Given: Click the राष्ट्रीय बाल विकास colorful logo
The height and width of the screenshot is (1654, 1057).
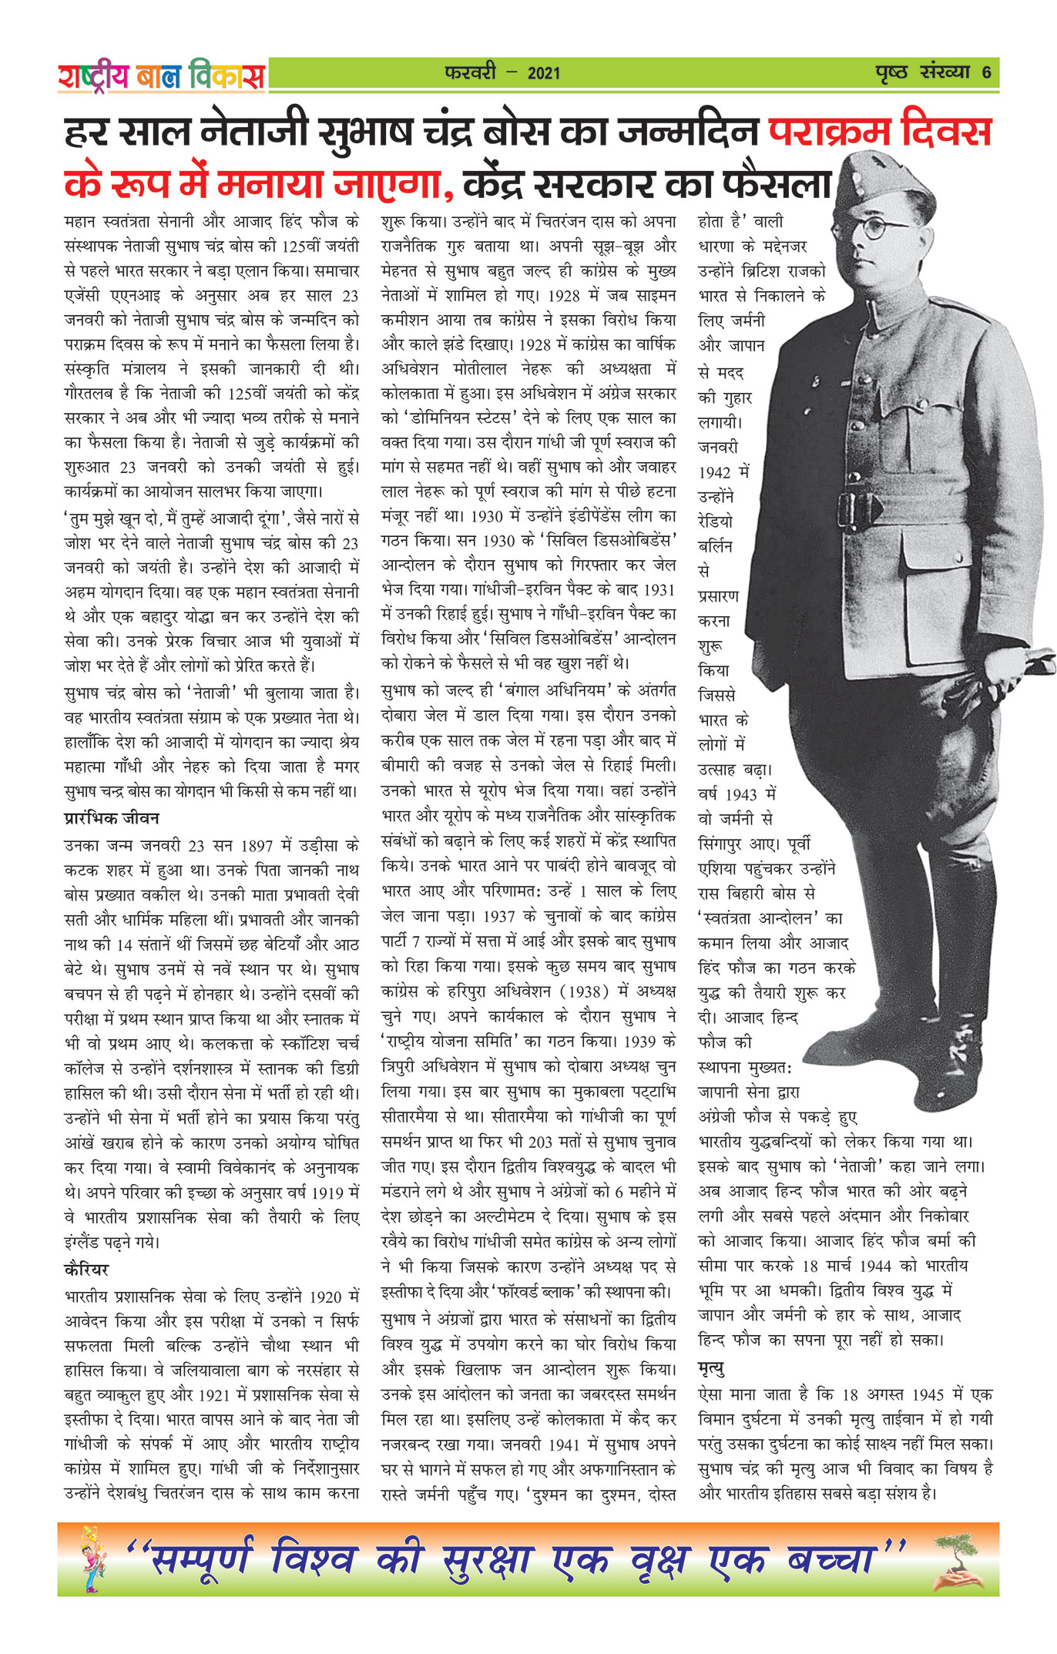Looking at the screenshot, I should [x=161, y=76].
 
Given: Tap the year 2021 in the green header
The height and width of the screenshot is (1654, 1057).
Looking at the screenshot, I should [x=543, y=74].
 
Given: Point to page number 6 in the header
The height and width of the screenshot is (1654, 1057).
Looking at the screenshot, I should [x=986, y=73].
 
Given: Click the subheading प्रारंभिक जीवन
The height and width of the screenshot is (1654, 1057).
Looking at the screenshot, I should [x=112, y=818].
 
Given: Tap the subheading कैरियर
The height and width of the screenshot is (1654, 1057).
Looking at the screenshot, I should [x=87, y=1269].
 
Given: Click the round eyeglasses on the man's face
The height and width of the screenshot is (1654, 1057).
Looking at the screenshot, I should [x=878, y=227].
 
